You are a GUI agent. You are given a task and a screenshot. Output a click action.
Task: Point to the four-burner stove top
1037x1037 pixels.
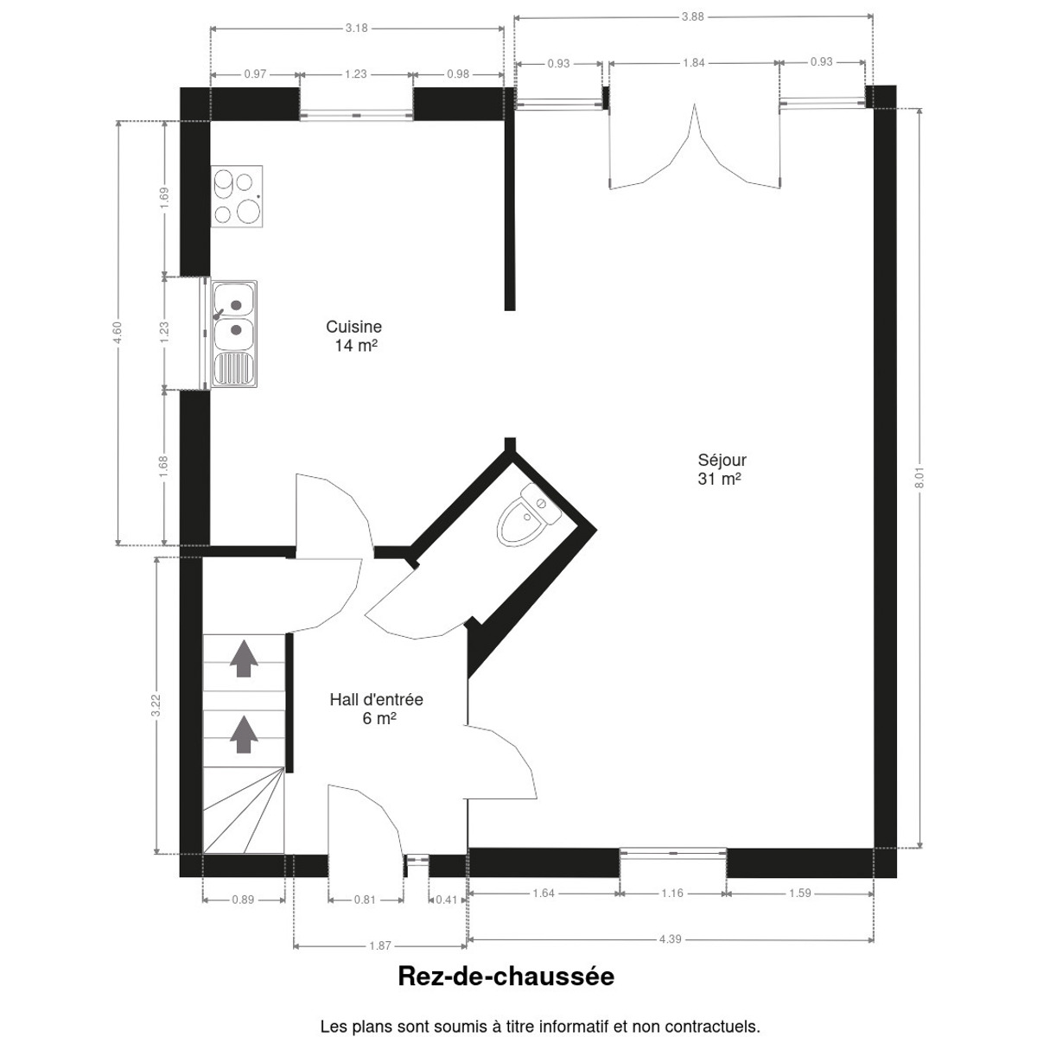click(237, 196)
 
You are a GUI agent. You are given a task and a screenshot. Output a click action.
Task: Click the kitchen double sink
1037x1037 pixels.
click(234, 334)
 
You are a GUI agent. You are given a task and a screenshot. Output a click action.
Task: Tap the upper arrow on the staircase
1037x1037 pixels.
click(244, 658)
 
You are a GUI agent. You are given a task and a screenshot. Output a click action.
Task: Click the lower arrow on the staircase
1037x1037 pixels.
click(244, 734)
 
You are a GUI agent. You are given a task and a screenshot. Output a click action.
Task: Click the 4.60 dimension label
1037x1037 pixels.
click(118, 332)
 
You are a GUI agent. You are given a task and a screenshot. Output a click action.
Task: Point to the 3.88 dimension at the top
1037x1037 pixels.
click(692, 16)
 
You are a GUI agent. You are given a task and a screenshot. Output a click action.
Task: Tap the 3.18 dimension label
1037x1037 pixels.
click(356, 28)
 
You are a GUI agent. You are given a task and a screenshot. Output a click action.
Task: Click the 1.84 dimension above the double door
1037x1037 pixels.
click(694, 63)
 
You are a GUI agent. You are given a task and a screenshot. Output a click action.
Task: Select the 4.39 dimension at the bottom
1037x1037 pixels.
click(670, 939)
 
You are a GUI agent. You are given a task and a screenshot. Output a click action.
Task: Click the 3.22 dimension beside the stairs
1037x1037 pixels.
click(156, 705)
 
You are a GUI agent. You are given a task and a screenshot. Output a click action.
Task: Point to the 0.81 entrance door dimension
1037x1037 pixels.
click(365, 900)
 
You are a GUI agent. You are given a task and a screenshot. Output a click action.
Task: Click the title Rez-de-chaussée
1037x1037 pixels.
click(506, 977)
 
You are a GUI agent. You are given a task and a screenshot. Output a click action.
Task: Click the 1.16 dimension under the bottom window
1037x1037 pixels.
click(672, 894)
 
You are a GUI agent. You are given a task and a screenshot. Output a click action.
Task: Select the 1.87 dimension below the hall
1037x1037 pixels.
click(380, 946)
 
